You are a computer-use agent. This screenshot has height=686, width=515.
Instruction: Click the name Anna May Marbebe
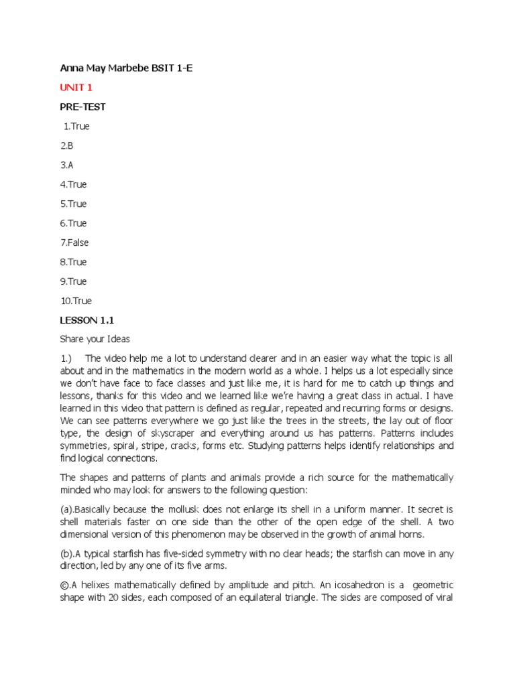(x=103, y=68)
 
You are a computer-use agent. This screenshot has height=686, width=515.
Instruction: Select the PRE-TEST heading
(x=82, y=107)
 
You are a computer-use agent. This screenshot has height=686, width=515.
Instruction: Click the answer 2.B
(x=66, y=145)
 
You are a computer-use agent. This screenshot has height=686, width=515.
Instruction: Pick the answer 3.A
(x=66, y=165)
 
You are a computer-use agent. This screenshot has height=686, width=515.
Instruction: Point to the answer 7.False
(x=74, y=243)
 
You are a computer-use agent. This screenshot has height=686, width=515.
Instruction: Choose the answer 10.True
(x=76, y=301)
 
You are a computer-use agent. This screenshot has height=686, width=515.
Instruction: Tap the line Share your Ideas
(x=95, y=340)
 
